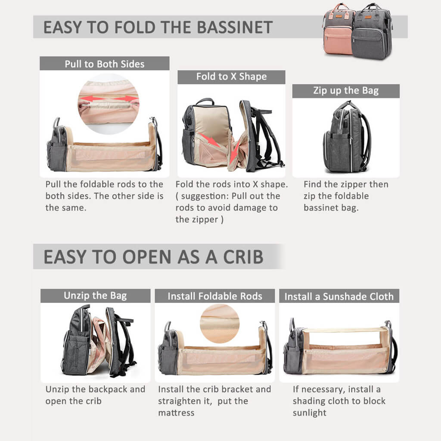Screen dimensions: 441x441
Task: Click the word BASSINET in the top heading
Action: pyautogui.click(x=235, y=27)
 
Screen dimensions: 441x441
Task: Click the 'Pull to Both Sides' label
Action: pyautogui.click(x=104, y=64)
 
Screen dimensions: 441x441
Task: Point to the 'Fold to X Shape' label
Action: pyautogui.click(x=231, y=77)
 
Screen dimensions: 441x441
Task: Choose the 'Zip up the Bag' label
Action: pyautogui.click(x=346, y=90)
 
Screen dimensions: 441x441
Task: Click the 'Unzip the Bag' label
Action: pyautogui.click(x=95, y=295)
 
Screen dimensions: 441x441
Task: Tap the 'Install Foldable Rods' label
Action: pyautogui.click(x=215, y=296)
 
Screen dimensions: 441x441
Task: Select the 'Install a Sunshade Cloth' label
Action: pyautogui.click(x=339, y=296)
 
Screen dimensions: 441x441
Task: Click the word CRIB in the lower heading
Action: pyautogui.click(x=243, y=257)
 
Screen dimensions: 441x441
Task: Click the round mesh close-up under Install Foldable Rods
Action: pyautogui.click(x=220, y=323)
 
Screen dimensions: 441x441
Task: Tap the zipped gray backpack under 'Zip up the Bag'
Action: pyautogui.click(x=347, y=137)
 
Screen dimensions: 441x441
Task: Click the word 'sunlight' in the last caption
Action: pyautogui.click(x=309, y=413)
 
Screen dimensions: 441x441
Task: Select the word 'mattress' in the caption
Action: pyautogui.click(x=176, y=413)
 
